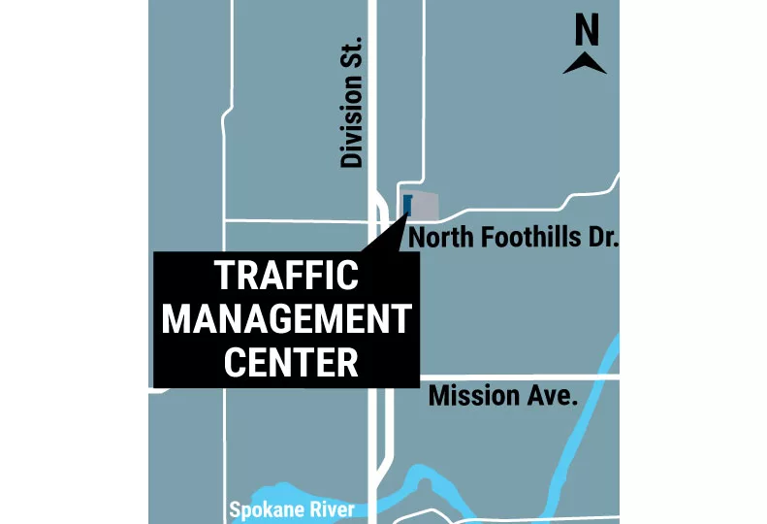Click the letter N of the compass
pyautogui.click(x=586, y=33)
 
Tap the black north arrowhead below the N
pyautogui.click(x=586, y=65)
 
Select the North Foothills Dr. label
pyautogui.click(x=513, y=238)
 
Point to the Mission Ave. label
pyautogui.click(x=502, y=395)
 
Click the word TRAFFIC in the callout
pyautogui.click(x=286, y=276)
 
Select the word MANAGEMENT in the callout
pyautogui.click(x=286, y=318)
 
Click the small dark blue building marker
pyautogui.click(x=407, y=205)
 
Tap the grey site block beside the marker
pyautogui.click(x=427, y=207)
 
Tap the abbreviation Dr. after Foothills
pyautogui.click(x=601, y=238)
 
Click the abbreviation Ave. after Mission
pyautogui.click(x=554, y=395)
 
